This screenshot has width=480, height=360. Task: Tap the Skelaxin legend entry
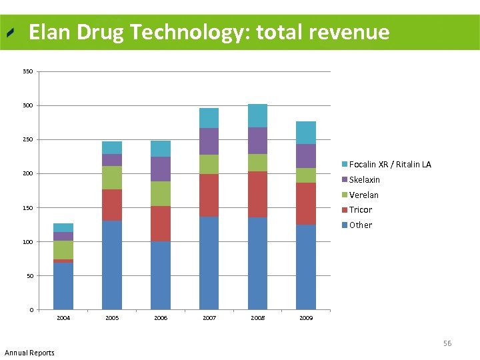coord(364,180)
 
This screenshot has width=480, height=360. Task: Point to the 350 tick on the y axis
coord(27,71)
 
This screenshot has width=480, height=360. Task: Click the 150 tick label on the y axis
coord(27,208)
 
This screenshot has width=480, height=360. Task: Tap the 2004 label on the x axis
coord(63,318)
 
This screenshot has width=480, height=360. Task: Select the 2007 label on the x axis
coord(209,318)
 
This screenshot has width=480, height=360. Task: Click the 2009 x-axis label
coord(306,318)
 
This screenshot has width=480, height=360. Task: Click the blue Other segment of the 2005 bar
coord(112,265)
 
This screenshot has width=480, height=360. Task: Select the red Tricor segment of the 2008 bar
coord(257,194)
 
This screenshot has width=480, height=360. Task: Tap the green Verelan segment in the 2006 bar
coord(161,193)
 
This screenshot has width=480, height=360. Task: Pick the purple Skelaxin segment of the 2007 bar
coord(209,141)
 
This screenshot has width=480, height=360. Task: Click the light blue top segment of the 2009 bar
coord(306,133)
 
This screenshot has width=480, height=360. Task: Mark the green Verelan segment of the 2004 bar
coord(63,249)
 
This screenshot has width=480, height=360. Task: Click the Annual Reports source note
coord(29,353)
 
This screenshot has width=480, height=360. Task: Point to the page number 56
coord(447,343)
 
